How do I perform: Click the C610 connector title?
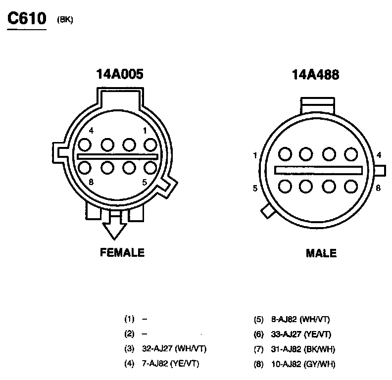tap(27, 18)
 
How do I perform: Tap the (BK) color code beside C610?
tap(65, 20)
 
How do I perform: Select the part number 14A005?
tap(120, 74)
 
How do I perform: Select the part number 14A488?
tap(315, 75)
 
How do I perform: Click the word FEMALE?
tap(122, 252)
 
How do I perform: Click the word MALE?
tap(321, 253)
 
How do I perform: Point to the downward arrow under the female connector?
tap(114, 226)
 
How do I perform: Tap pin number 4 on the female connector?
tap(91, 131)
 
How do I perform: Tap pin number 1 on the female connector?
tap(145, 131)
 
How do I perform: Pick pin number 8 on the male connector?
tap(378, 188)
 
